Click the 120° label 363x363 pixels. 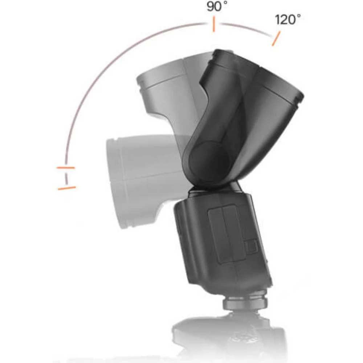[x=288, y=20]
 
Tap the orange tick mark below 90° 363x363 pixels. [x=214, y=24]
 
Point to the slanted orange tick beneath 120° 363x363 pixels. [x=276, y=39]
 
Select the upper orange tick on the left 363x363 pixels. [x=65, y=167]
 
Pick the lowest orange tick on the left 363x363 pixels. [x=67, y=188]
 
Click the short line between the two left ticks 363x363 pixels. [x=67, y=178]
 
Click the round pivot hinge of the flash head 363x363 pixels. [x=209, y=159]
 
